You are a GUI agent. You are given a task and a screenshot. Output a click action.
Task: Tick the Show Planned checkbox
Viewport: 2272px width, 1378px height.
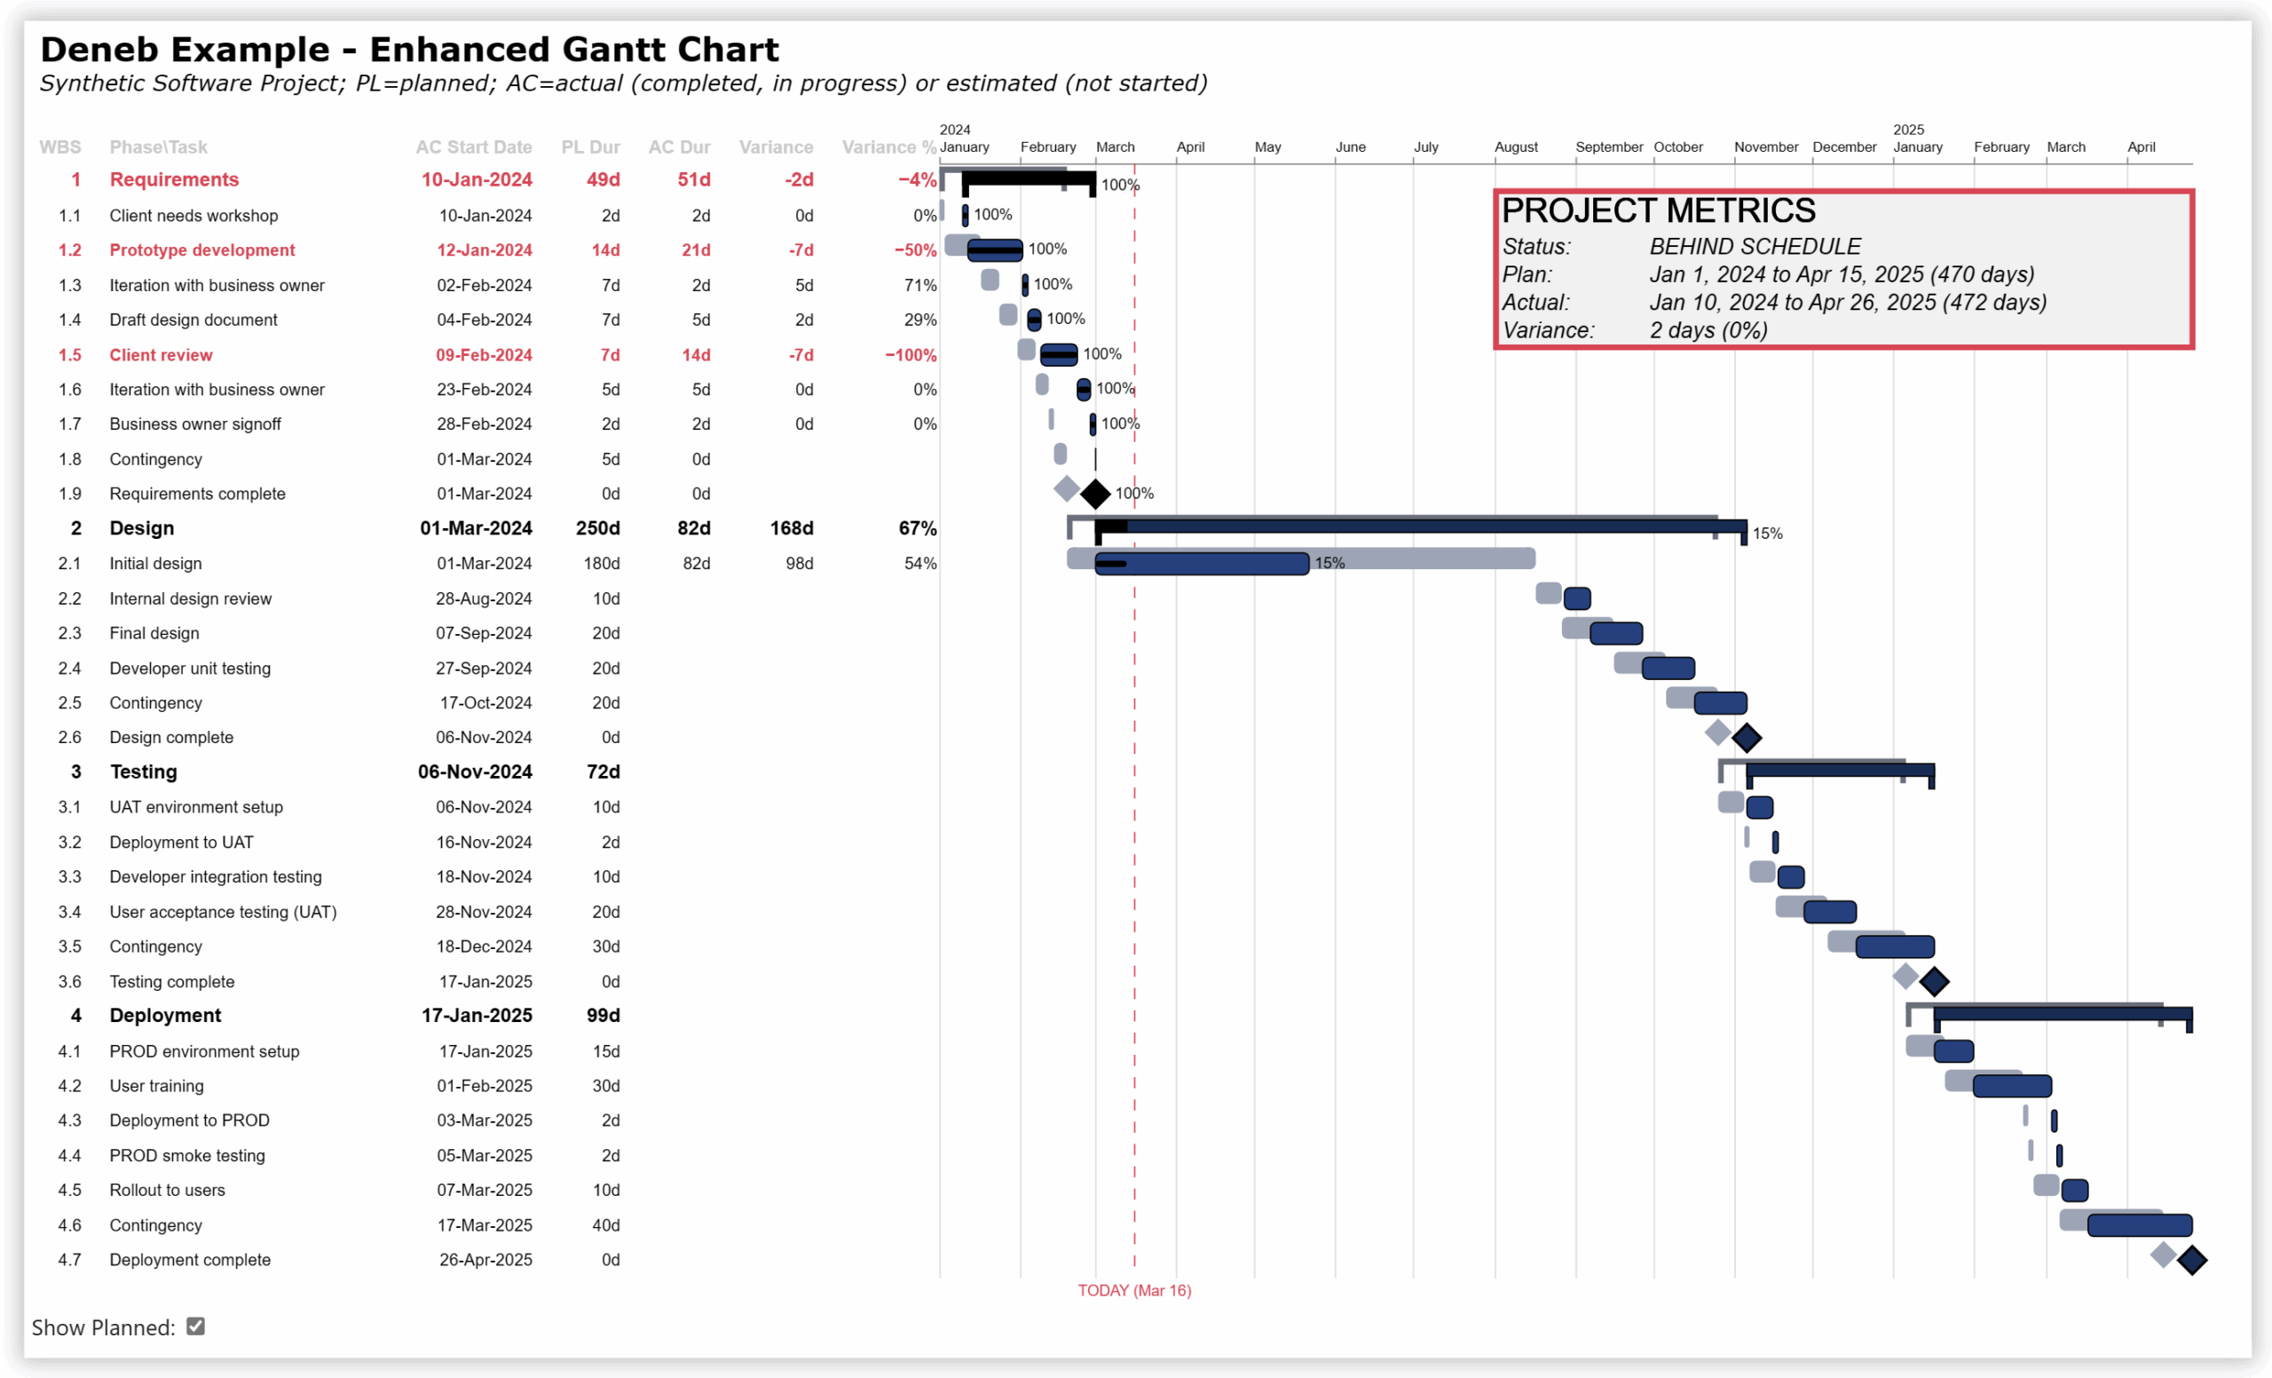pos(195,1326)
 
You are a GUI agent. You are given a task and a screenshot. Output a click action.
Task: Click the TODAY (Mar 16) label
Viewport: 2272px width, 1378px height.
pos(1133,1289)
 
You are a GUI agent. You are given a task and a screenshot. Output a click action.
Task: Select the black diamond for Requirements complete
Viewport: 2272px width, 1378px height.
pos(1094,495)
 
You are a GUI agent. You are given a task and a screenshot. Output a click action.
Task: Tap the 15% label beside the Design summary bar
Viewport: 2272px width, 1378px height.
pos(1767,533)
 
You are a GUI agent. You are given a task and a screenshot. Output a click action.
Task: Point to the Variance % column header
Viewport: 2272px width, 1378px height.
pos(888,147)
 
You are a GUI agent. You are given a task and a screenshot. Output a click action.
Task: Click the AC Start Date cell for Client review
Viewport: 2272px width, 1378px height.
pos(483,355)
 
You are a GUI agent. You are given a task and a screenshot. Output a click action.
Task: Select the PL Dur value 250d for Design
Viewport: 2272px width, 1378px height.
pos(596,528)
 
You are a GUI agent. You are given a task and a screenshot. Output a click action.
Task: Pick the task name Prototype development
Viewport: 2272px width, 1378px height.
pos(202,250)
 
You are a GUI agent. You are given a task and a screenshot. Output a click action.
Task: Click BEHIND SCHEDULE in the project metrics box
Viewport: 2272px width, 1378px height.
pos(1754,246)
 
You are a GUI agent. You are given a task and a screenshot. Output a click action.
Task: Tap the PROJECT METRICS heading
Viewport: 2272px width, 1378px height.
pos(1657,211)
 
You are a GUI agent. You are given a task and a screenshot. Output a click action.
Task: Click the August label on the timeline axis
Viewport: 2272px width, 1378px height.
pos(1515,147)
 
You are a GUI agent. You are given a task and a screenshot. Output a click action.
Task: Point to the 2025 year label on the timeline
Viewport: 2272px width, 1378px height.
pos(1907,130)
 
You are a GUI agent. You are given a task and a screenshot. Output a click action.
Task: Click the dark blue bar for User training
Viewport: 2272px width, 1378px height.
pos(2011,1086)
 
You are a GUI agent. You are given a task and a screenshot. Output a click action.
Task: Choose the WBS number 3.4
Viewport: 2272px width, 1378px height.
pos(69,912)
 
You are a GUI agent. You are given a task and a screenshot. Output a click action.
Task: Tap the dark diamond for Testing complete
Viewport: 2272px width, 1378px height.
pos(1933,981)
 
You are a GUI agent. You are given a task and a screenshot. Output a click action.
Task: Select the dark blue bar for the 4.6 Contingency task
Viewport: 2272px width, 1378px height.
pos(2138,1225)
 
